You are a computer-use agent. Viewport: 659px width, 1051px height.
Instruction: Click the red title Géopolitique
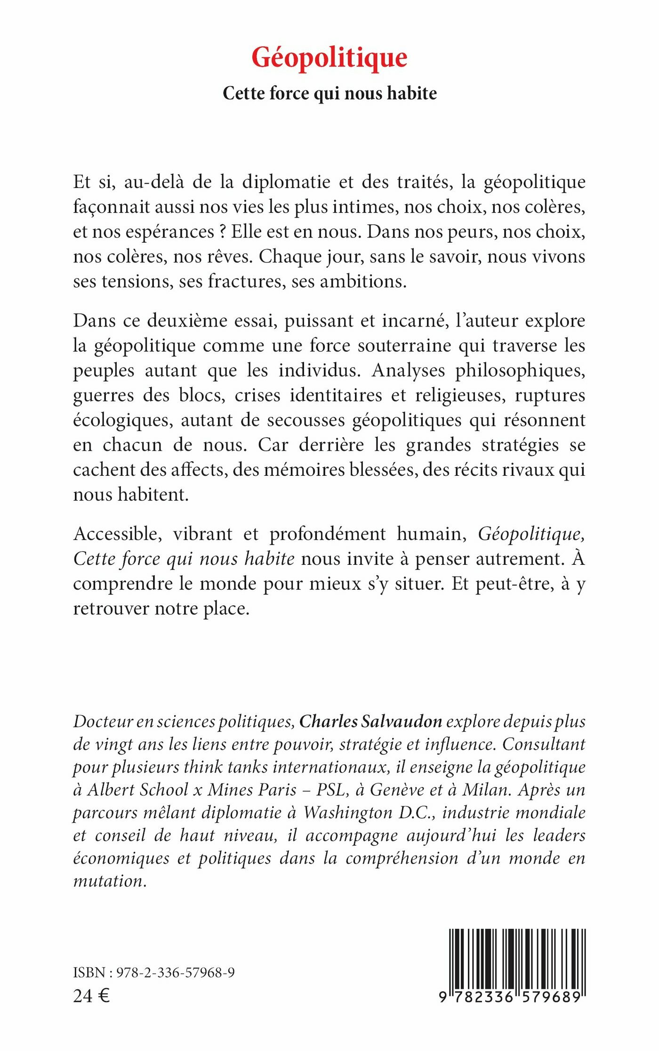329,58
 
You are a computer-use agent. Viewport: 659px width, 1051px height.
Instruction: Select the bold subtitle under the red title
329,93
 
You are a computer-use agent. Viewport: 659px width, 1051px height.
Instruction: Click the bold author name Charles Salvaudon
370,721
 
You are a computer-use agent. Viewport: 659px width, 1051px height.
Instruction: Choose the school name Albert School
138,790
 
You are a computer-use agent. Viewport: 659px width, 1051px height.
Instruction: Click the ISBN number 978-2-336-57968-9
175,972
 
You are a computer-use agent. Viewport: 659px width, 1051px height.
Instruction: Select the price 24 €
91,995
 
